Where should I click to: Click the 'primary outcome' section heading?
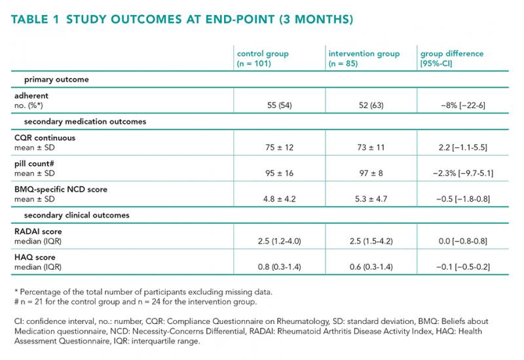tap(56, 79)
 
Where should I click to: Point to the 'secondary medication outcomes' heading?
tap(85, 122)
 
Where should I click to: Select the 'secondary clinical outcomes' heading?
tap(77, 215)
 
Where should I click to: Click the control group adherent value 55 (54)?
tap(280, 105)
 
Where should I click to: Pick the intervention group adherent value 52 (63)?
tap(371, 105)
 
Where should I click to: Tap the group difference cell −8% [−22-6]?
tap(463, 105)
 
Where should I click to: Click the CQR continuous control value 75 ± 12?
tap(280, 148)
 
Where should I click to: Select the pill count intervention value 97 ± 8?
tap(371, 173)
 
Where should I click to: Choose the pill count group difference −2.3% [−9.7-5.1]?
tap(463, 173)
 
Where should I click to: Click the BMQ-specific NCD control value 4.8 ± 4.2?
tap(280, 199)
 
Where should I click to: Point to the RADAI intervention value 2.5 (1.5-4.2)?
tap(371, 241)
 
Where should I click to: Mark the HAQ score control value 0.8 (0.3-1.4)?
tap(280, 267)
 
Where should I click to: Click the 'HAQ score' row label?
tap(35, 257)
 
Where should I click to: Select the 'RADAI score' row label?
tap(38, 232)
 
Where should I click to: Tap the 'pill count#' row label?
tap(34, 164)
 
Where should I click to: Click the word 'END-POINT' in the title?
tap(240, 20)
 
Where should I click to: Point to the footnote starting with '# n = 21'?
tap(136, 302)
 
